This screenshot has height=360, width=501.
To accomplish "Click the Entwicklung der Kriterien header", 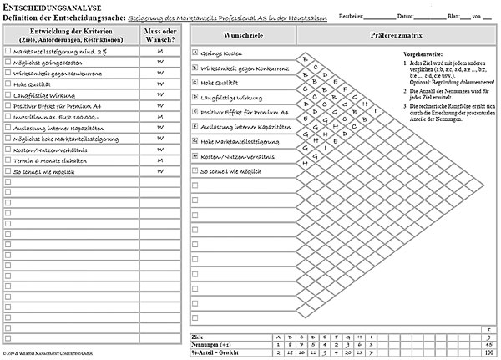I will tap(71, 34).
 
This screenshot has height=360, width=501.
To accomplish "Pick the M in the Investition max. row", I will tap(159, 117).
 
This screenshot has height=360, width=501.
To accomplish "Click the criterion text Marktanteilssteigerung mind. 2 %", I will tap(60, 52).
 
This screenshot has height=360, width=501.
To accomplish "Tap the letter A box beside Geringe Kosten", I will tap(195, 53).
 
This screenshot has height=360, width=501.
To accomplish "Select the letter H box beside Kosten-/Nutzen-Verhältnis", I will tap(195, 155).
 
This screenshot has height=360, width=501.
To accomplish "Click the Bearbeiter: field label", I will tap(353, 17).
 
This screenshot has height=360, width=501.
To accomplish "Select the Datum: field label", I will tap(407, 17).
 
